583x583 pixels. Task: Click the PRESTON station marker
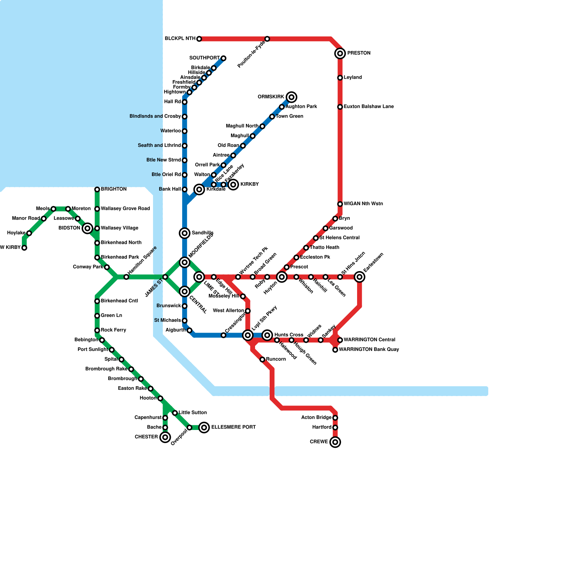click(x=340, y=54)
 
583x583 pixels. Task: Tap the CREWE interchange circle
click(x=335, y=442)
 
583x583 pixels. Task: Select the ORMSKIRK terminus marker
click(x=291, y=97)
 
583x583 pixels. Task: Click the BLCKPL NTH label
click(x=180, y=39)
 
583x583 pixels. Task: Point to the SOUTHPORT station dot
click(x=223, y=58)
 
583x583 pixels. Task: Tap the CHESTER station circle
click(x=165, y=437)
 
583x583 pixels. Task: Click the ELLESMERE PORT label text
click(x=233, y=427)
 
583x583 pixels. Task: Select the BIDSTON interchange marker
click(x=87, y=228)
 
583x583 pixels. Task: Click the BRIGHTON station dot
click(x=97, y=189)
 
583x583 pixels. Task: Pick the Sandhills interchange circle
click(x=185, y=233)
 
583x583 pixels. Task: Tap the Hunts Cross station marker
click(x=267, y=335)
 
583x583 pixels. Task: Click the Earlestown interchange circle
click(x=360, y=277)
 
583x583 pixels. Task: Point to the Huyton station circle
click(x=282, y=277)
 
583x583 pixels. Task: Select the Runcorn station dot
click(x=262, y=360)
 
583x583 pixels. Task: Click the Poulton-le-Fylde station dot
click(x=267, y=39)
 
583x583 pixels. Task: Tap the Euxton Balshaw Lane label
click(x=368, y=107)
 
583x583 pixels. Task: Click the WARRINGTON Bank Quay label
click(x=368, y=350)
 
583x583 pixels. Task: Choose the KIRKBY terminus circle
click(x=233, y=185)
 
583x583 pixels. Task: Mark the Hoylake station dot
click(x=29, y=233)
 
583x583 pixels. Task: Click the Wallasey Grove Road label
click(x=125, y=209)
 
